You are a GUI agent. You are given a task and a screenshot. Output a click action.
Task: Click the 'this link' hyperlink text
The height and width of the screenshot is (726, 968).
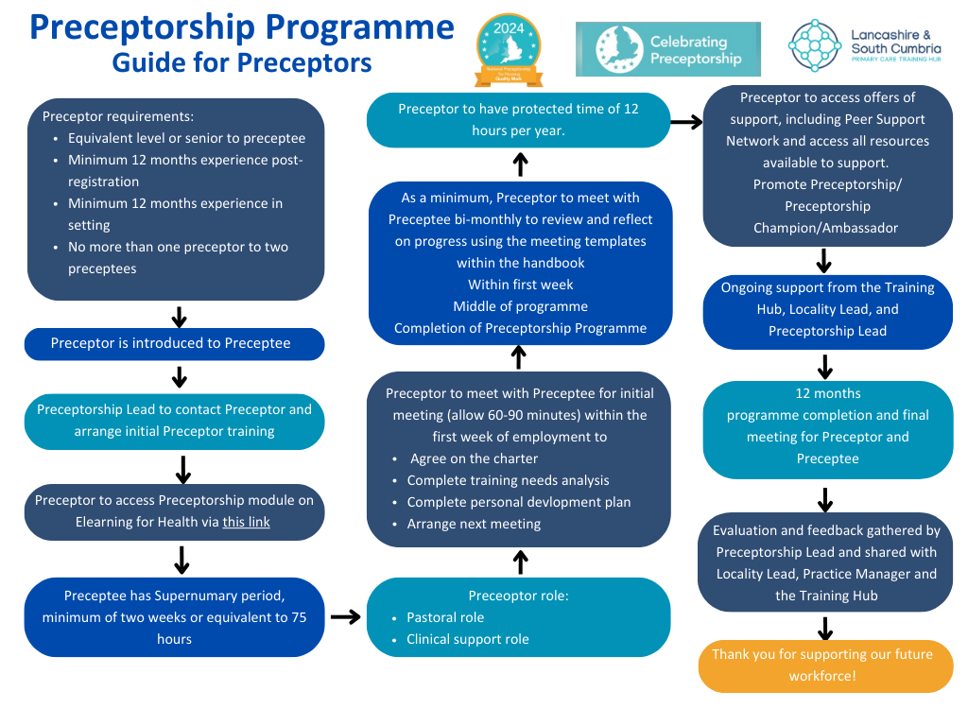tap(247, 522)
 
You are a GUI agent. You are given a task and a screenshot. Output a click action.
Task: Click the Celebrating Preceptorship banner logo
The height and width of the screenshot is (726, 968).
tap(667, 49)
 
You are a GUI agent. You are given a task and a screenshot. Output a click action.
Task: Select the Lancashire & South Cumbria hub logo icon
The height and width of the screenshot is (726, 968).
tap(815, 45)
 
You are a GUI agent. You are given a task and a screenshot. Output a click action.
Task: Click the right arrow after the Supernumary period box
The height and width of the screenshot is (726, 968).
tap(346, 617)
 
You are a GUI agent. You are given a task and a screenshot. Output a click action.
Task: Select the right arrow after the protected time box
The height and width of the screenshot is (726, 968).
tap(685, 121)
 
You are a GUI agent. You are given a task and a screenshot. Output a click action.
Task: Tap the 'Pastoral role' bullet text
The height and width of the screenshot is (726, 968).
tap(445, 617)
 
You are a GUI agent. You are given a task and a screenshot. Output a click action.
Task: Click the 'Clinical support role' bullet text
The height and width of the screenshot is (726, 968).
tap(468, 639)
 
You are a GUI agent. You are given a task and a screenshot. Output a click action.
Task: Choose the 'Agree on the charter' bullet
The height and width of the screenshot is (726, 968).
tap(474, 458)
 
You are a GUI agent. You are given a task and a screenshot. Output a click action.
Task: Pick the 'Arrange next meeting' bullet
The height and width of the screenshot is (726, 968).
tap(474, 524)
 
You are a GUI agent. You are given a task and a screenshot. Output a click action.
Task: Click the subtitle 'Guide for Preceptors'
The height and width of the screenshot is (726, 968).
tap(241, 62)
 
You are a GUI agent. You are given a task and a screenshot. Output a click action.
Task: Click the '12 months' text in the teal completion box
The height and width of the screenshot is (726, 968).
tap(828, 393)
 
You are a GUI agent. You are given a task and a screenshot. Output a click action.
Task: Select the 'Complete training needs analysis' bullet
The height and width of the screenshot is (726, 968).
tap(508, 480)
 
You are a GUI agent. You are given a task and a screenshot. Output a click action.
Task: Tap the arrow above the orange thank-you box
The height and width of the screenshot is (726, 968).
tap(825, 628)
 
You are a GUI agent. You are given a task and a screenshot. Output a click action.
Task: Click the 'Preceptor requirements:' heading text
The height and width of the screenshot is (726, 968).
tap(118, 116)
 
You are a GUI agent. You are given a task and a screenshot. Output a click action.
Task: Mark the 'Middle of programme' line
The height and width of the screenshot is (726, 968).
tap(520, 306)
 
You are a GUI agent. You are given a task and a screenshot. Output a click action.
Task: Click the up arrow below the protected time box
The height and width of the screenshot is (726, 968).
tap(520, 165)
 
